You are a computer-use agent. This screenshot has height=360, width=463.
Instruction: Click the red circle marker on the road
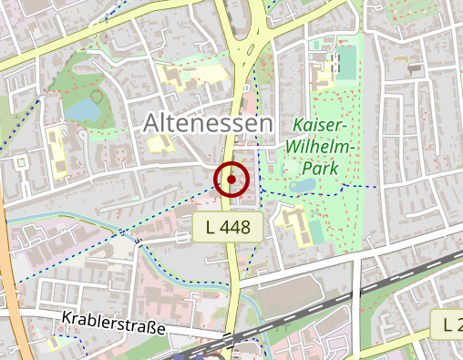click(231, 180)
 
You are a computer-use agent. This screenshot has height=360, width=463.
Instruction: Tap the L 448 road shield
click(228, 228)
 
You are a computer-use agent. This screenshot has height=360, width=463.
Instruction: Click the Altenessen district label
click(208, 123)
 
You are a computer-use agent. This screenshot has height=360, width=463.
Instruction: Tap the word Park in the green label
click(322, 168)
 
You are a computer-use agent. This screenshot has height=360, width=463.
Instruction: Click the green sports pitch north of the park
click(346, 61)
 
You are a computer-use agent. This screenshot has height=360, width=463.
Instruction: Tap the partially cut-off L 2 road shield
click(448, 323)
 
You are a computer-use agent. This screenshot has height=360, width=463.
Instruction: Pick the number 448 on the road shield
click(237, 228)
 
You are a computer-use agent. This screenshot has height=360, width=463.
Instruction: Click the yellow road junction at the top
click(246, 50)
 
